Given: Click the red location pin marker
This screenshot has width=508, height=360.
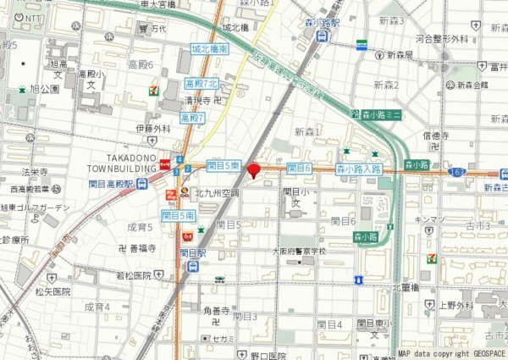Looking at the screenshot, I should pyautogui.click(x=253, y=170).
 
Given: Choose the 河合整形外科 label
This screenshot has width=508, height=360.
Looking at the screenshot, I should pyautogui.click(x=442, y=39).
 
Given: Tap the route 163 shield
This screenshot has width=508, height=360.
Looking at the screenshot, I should pyautogui.click(x=458, y=172).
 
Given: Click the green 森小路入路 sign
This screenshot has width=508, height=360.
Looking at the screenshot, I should pyautogui.click(x=359, y=169).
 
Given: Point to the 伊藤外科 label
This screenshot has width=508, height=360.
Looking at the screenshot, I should pyautogui.click(x=152, y=129).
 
